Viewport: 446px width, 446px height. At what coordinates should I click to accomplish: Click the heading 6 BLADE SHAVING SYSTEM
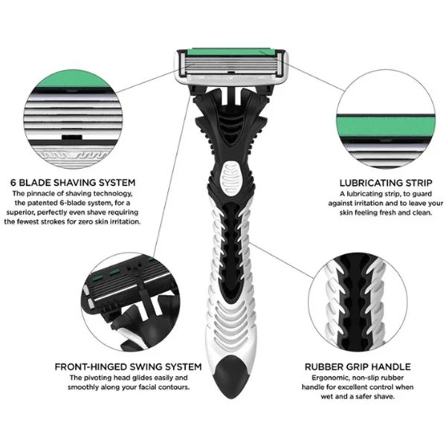click(x=73, y=182)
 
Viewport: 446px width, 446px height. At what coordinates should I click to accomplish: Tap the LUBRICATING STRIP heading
click(x=386, y=183)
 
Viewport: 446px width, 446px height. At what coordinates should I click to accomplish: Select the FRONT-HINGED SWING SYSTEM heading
click(x=128, y=367)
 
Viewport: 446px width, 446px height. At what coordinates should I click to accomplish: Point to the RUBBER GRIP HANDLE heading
click(x=358, y=367)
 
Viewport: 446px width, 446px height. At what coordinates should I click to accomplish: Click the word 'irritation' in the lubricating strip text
click(x=369, y=204)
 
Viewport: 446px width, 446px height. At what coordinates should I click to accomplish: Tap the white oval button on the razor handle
click(x=230, y=178)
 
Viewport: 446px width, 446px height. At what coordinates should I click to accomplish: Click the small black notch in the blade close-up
click(x=72, y=137)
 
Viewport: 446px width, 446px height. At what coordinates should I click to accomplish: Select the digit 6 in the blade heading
click(x=13, y=183)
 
